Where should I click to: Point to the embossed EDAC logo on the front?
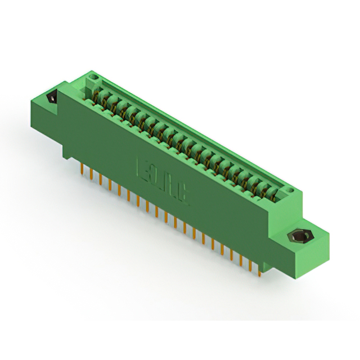pos(163,183)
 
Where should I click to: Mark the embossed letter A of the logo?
pos(170,187)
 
